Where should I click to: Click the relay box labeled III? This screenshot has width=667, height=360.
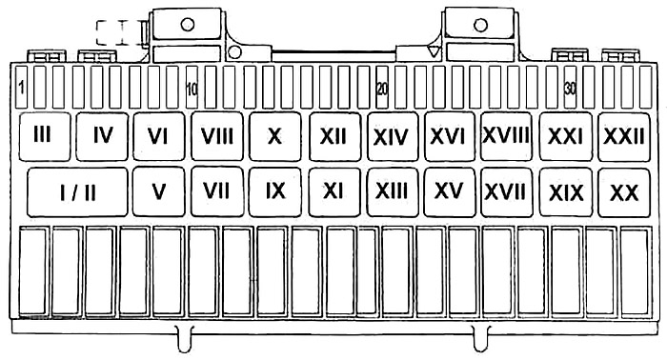pos(45,136)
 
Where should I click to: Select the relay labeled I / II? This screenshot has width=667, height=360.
pos(77,192)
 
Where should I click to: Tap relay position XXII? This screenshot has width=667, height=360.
pos(624,136)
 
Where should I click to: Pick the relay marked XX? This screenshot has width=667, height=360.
pos(624,192)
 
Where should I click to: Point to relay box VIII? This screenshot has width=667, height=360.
pos(217,136)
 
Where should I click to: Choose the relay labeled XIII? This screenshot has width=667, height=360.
pos(393,192)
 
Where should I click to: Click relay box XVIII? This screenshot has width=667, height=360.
pos(506,136)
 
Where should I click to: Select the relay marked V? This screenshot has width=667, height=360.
pos(159,191)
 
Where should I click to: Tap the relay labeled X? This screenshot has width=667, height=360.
pos(274,136)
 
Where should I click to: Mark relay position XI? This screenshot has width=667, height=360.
pos(334,192)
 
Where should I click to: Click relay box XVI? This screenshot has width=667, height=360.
pos(450,136)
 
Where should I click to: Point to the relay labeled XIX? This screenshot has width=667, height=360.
pos(566,192)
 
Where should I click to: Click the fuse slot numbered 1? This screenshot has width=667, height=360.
pos(21,87)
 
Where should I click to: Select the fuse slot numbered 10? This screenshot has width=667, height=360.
pos(192,87)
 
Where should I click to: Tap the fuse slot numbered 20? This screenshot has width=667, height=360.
pos(382,87)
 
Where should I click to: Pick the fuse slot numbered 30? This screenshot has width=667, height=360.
pos(570,87)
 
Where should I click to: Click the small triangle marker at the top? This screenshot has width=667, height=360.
pos(433,51)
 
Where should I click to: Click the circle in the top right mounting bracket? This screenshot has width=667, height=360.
pos(480,25)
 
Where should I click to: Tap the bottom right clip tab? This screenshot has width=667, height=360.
pos(481,339)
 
